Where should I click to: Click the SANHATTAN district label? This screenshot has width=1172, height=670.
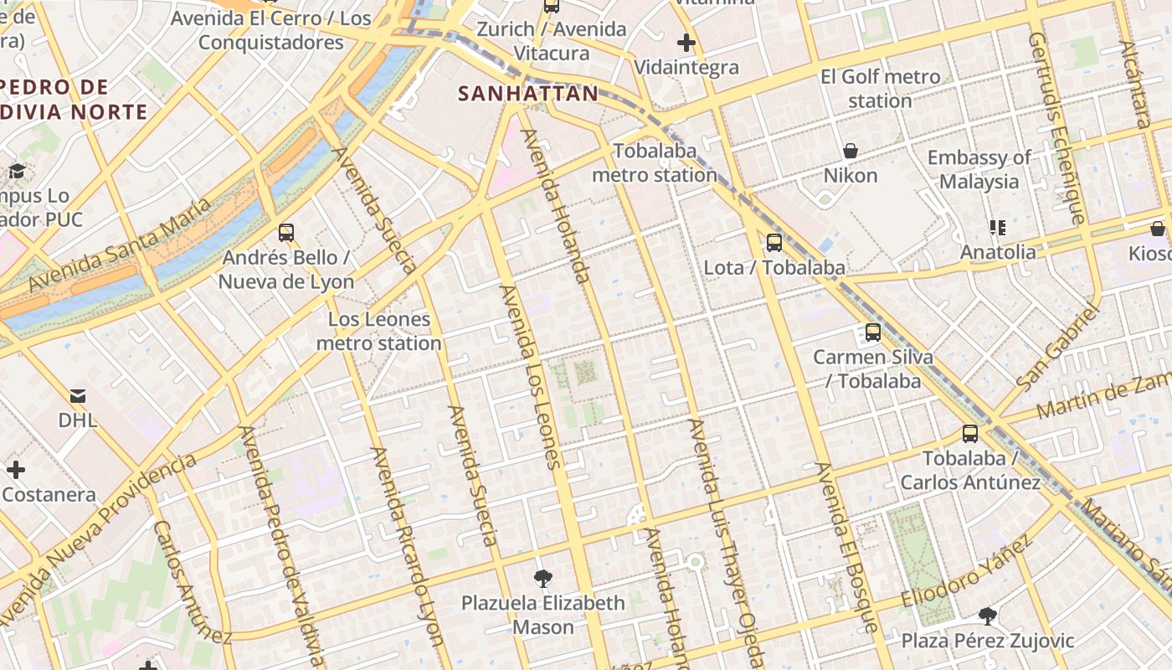(528, 94)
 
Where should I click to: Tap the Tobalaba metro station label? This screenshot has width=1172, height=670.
(655, 163)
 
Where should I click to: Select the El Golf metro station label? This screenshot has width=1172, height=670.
(880, 89)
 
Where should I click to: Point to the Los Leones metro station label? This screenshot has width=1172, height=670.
(378, 331)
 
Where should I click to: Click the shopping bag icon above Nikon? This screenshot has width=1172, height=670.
(851, 151)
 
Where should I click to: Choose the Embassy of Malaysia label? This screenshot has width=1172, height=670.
(979, 169)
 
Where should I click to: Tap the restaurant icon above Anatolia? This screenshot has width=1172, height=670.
(997, 227)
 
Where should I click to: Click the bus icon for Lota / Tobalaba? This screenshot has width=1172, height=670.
(774, 243)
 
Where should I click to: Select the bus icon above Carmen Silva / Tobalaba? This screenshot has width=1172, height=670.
(873, 332)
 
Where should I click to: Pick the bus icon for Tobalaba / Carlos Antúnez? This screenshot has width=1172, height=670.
(970, 434)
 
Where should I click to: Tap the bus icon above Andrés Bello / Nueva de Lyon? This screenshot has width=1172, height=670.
(286, 232)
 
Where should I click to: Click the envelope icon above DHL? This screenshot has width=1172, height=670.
(77, 395)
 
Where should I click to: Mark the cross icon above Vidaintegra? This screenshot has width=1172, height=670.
(686, 42)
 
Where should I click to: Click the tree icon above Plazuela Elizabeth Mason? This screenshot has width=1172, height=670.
(543, 578)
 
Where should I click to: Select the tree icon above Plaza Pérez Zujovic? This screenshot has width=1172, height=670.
(987, 616)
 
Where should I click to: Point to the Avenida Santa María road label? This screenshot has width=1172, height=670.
(121, 245)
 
